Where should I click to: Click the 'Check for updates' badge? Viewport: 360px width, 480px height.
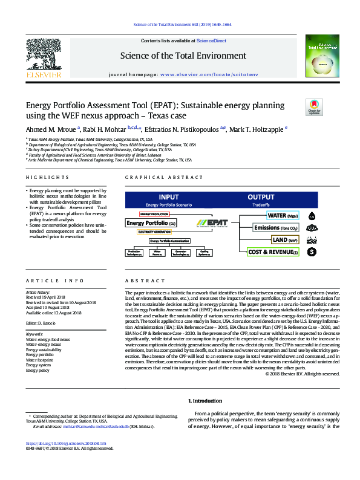[315, 108]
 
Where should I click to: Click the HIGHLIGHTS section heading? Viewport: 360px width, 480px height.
[47, 177]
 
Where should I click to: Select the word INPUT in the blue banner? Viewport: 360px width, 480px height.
[168, 197]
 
